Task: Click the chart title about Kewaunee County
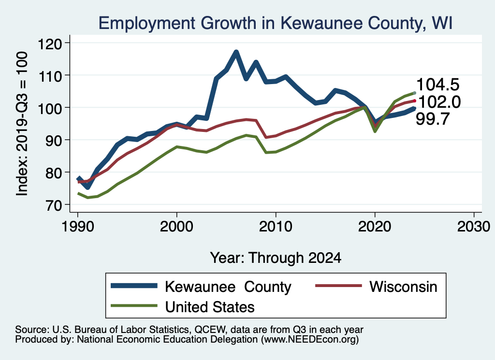pos(275,23)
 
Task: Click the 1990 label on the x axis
pos(77,226)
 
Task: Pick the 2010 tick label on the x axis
pos(276,226)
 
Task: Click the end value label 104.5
pos(437,85)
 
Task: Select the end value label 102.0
pos(437,102)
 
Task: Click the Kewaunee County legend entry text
pos(228,287)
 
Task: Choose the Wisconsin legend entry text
pos(403,287)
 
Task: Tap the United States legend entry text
pos(210,306)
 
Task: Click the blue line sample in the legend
pos(134,286)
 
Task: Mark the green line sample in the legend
pos(134,306)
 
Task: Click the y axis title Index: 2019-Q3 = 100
pos(22,124)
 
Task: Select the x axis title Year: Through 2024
pos(276,258)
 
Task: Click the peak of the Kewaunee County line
pos(236,52)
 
